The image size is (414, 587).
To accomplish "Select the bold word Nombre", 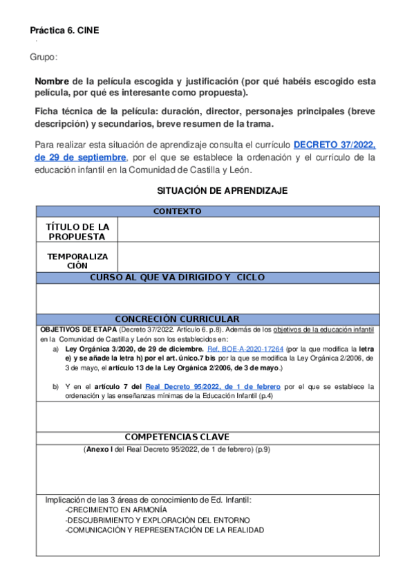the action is [52, 81].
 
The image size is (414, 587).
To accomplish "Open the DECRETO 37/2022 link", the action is [335, 145].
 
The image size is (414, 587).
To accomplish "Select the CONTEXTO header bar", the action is [177, 211].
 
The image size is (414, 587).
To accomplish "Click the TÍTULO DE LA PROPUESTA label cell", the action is [77, 231].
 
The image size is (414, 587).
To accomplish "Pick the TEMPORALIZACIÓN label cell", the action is [77, 260].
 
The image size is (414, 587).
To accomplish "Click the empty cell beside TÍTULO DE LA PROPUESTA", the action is [249, 230].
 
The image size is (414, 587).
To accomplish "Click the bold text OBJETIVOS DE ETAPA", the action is [78, 329].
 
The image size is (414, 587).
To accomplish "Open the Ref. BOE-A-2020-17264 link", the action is [245, 349].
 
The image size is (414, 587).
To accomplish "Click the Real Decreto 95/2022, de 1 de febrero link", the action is [212, 386].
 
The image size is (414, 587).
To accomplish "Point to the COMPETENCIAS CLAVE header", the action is [177, 437].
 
